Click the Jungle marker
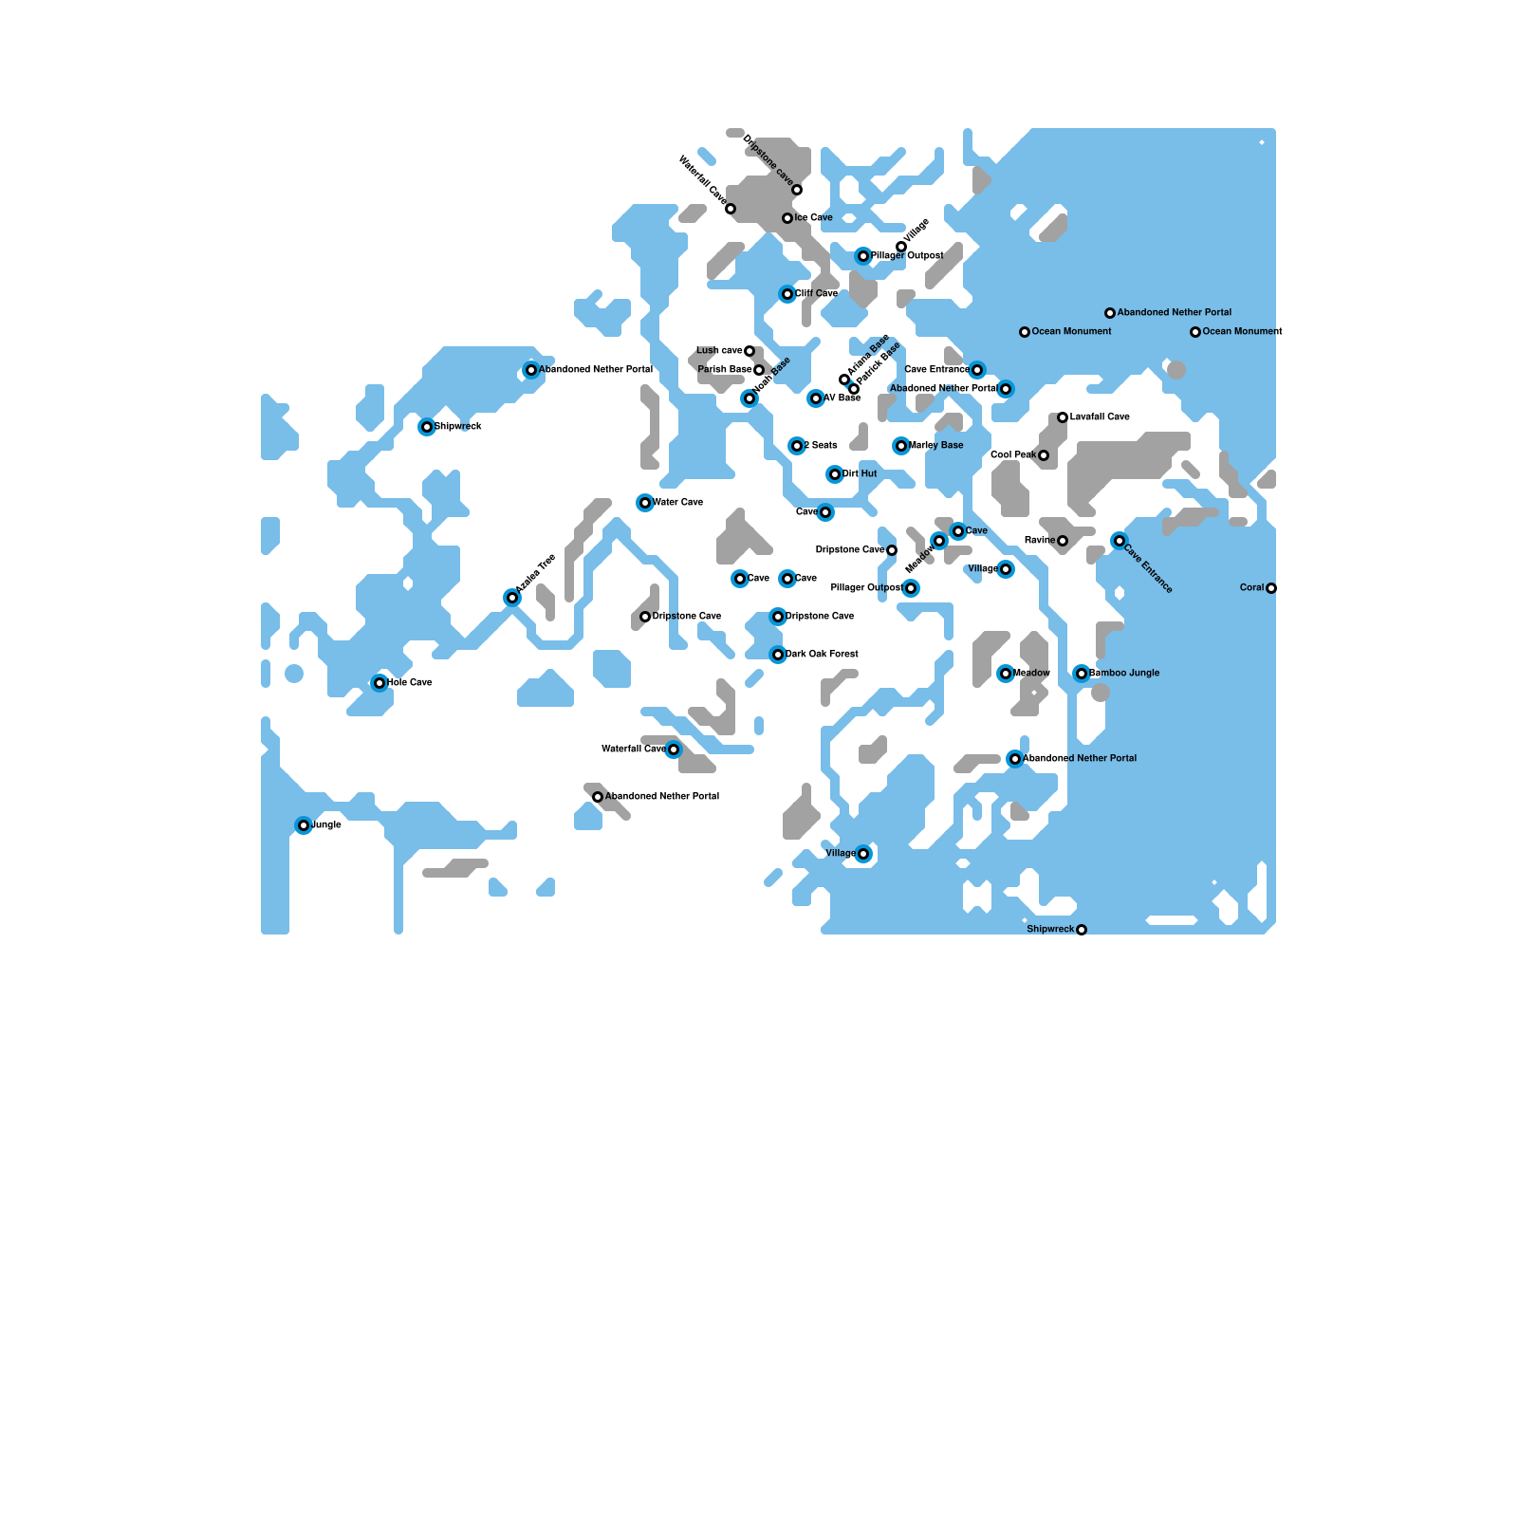pyautogui.click(x=304, y=825)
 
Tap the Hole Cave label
pyautogui.click(x=410, y=682)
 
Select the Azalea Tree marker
pyautogui.click(x=512, y=598)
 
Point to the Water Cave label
pyautogui.click(x=677, y=502)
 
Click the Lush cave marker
pyautogui.click(x=750, y=351)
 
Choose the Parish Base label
pyautogui.click(x=725, y=369)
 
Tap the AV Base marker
pyautogui.click(x=816, y=398)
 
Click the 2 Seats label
pyautogui.click(x=821, y=445)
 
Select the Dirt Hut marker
pyautogui.click(x=835, y=474)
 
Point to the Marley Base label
pyautogui.click(x=936, y=445)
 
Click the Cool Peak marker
pyautogui.click(x=1044, y=455)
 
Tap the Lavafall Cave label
pyautogui.click(x=1100, y=417)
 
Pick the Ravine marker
pyautogui.click(x=1063, y=541)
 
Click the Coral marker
pyautogui.click(x=1271, y=588)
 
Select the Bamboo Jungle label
pyautogui.click(x=1124, y=673)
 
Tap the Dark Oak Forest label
pyautogui.click(x=822, y=654)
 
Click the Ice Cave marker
pyautogui.click(x=787, y=218)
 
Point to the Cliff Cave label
pyautogui.click(x=816, y=293)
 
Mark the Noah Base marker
pyautogui.click(x=750, y=398)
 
